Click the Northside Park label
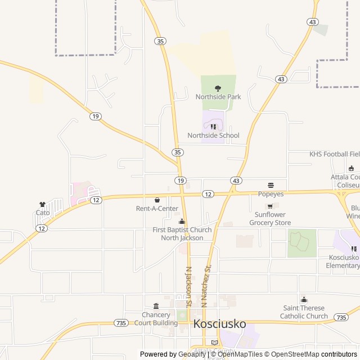pyautogui.click(x=218, y=97)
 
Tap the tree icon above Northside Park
pyautogui.click(x=218, y=88)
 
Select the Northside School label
pyautogui.click(x=213, y=135)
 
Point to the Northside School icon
pyautogui.click(x=213, y=127)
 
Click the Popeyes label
pyautogui.click(x=271, y=194)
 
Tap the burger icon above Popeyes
pyautogui.click(x=271, y=185)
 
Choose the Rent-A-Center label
pyautogui.click(x=157, y=209)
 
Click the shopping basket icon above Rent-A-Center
pyautogui.click(x=157, y=200)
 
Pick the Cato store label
pyautogui.click(x=43, y=213)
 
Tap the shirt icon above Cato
pyautogui.click(x=42, y=204)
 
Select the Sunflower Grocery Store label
pyautogui.click(x=270, y=219)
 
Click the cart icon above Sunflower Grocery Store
pyautogui.click(x=270, y=206)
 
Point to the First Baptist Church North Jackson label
pyautogui.click(x=182, y=233)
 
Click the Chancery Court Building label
pyautogui.click(x=156, y=319)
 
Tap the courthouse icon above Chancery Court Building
pyautogui.click(x=156, y=305)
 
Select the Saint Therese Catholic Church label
pyautogui.click(x=304, y=312)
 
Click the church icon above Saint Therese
pyautogui.click(x=304, y=300)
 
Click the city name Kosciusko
pyautogui.click(x=219, y=324)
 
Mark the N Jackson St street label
pyautogui.click(x=189, y=287)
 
